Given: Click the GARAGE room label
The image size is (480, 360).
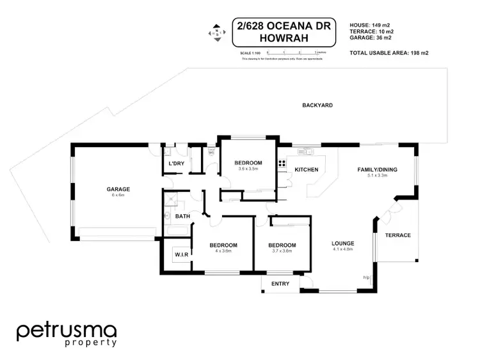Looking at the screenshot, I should tap(118, 189).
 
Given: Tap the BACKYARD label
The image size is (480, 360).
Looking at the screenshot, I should tap(317, 105).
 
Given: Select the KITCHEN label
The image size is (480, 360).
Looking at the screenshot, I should tap(306, 169).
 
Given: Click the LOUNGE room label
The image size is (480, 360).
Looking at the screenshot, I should tap(342, 244).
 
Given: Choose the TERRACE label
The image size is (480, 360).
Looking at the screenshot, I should tap(398, 235).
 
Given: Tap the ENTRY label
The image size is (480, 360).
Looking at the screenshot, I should tap(280, 283).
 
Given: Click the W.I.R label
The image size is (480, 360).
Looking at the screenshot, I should tap(181, 255).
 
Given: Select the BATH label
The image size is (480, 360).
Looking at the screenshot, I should tap(182, 217).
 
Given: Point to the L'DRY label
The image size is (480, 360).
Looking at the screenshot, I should tap(176, 164).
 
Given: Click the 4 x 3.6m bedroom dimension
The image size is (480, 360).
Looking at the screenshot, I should tap(223, 251).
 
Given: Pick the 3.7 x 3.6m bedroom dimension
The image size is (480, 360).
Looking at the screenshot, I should tap(282, 251).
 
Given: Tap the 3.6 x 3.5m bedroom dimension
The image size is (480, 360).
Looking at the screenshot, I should tap(248, 169).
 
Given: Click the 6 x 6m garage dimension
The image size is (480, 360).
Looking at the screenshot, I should tap(118, 195).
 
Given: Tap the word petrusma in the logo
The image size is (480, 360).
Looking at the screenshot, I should tap(67, 331).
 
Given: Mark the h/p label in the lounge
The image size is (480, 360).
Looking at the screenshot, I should tap(366, 277).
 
